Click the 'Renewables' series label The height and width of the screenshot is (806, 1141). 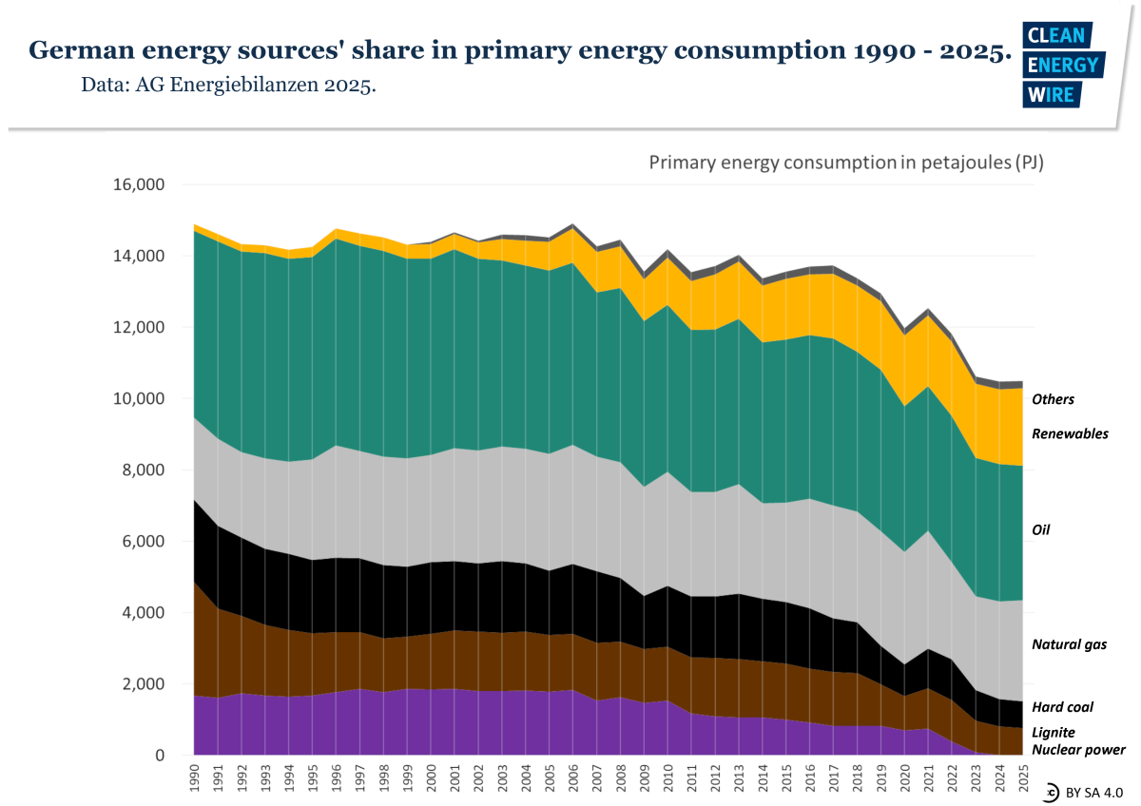click(x=1070, y=433)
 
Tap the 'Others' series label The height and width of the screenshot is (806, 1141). click(x=1053, y=399)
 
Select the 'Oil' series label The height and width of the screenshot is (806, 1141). click(x=1042, y=529)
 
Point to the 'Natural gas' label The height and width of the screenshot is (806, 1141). click(x=1069, y=644)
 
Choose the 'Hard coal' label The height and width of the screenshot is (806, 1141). click(x=1062, y=707)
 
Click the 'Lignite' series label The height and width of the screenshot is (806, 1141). click(x=1053, y=733)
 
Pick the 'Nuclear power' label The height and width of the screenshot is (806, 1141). click(x=1078, y=750)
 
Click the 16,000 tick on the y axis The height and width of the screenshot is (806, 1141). click(x=138, y=184)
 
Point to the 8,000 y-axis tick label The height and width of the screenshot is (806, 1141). click(x=143, y=470)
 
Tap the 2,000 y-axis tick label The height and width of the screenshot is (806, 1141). click(x=143, y=684)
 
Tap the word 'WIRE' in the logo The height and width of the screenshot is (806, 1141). click(x=1050, y=94)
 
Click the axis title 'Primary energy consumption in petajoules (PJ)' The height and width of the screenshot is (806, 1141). click(x=846, y=163)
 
